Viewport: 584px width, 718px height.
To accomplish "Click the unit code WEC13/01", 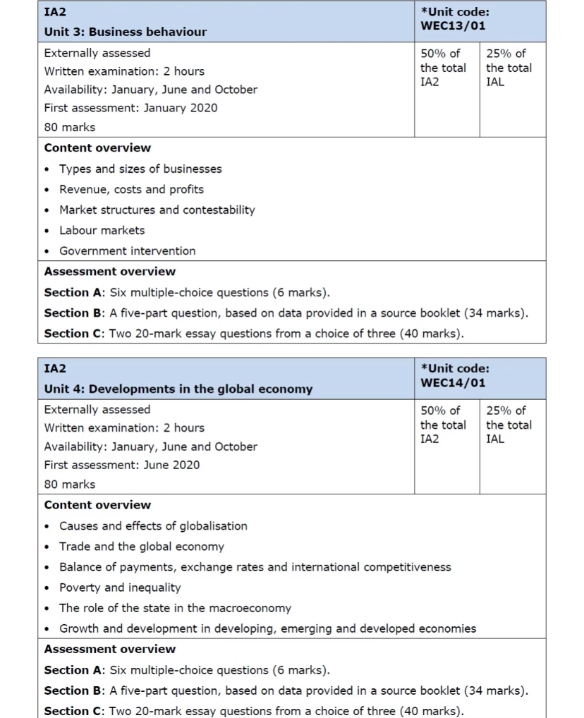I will pos(453,26).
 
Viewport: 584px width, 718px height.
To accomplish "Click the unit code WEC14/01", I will pos(453,383).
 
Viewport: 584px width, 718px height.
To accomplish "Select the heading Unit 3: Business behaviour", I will pos(126,32).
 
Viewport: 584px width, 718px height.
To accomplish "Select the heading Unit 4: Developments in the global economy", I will pos(178,389).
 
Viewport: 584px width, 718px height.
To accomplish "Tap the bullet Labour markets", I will pos(102,230).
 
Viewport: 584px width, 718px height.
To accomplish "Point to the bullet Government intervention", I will pos(127,250).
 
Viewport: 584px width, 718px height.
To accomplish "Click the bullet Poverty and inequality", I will pos(120,588).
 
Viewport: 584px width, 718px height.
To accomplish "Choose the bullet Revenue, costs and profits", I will pos(131,189).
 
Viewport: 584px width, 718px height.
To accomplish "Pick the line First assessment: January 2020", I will pos(130,108).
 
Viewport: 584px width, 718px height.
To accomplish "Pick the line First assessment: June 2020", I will pos(121,465).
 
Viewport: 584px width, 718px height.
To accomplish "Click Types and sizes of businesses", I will pos(140,169).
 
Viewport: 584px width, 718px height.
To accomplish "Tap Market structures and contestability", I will pos(157,209).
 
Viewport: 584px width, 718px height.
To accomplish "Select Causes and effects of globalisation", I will pos(153,525).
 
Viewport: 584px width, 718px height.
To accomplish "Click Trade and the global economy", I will pos(141,546).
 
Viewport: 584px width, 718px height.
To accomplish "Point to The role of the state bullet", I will pos(175,608).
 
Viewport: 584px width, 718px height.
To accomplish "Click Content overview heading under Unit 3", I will pos(97,147).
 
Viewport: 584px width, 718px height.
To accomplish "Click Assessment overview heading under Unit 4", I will pos(109,649).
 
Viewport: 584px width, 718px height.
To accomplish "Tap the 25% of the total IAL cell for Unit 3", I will pos(509,68).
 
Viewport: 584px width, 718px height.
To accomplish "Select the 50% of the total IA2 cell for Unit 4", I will pos(443,425).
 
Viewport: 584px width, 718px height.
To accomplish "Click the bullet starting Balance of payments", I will pos(255,567).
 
